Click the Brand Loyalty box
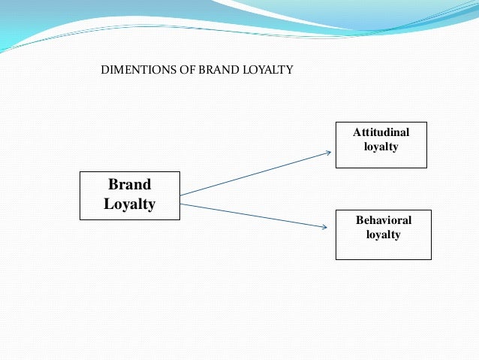pos(130,195)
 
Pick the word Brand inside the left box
pos(129,185)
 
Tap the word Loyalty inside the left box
pos(129,204)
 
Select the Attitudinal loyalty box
pos(381,144)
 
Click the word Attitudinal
pos(381,133)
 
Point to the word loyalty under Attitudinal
pos(381,147)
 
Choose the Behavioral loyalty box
pos(383,234)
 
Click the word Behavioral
pos(383,221)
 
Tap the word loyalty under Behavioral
pos(383,234)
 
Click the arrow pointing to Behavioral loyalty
pos(255,215)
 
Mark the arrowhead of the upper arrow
pos(328,153)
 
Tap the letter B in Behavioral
pos(358,221)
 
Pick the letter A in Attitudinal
pos(357,133)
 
